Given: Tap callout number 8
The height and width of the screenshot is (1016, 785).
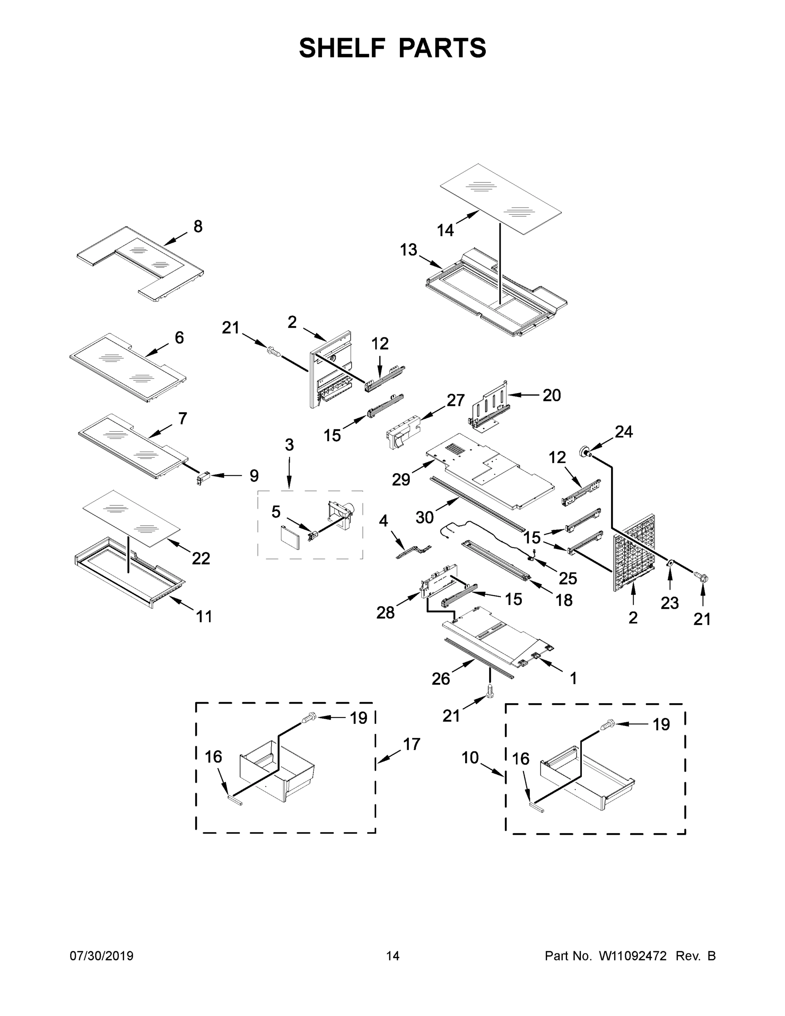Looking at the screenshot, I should click(x=198, y=226).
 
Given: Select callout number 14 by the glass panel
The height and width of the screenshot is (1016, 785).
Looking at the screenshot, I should click(x=445, y=230).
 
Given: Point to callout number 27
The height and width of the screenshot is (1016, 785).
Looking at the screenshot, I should click(x=456, y=400).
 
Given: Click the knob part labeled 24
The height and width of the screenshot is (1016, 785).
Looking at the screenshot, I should click(x=583, y=451).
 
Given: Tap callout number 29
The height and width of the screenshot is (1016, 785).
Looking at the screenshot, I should click(x=401, y=480).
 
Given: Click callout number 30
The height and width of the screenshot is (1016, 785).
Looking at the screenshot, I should click(x=424, y=517).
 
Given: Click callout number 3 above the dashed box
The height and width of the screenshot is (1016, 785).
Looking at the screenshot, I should click(x=289, y=445).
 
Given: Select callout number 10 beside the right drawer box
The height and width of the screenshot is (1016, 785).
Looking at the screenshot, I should click(x=470, y=757).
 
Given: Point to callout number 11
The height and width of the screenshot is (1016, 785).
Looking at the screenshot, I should click(x=204, y=616).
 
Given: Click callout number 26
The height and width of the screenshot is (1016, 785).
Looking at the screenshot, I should click(x=441, y=679).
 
